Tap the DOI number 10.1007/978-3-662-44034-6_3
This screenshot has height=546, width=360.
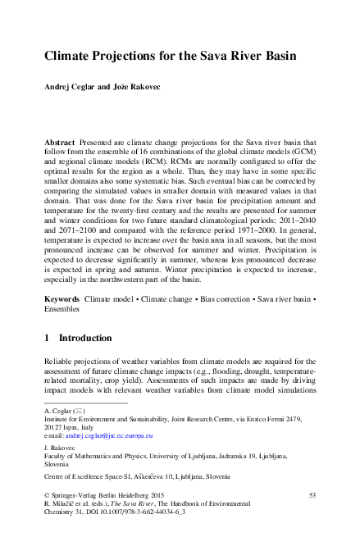pyautogui.click(x=148, y=515)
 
